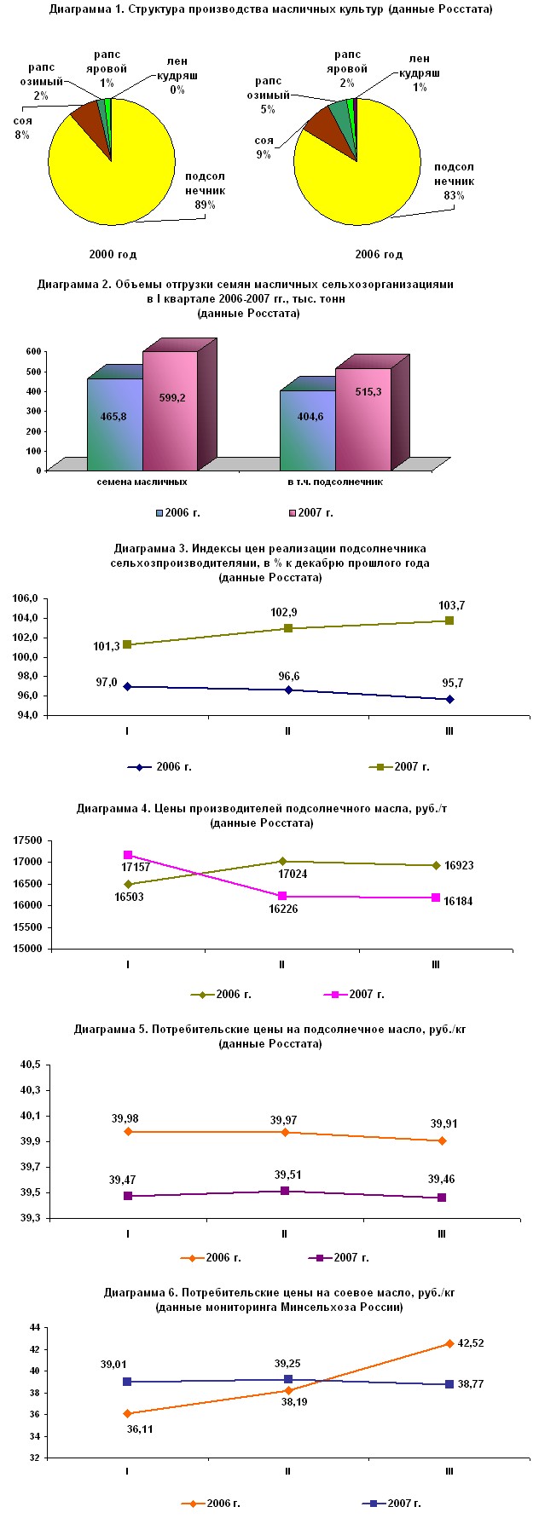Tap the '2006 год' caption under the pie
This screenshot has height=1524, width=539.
click(x=379, y=254)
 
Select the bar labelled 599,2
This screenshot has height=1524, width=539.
click(x=171, y=409)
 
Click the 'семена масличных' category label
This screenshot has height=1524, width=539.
click(x=142, y=482)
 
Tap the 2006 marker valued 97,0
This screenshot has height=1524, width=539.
click(x=127, y=686)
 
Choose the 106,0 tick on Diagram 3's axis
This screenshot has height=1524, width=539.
click(x=26, y=598)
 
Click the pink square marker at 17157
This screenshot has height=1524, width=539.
click(x=128, y=855)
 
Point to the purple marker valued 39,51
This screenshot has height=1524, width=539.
click(x=285, y=1191)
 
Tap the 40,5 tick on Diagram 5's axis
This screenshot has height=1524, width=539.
click(x=31, y=1065)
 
